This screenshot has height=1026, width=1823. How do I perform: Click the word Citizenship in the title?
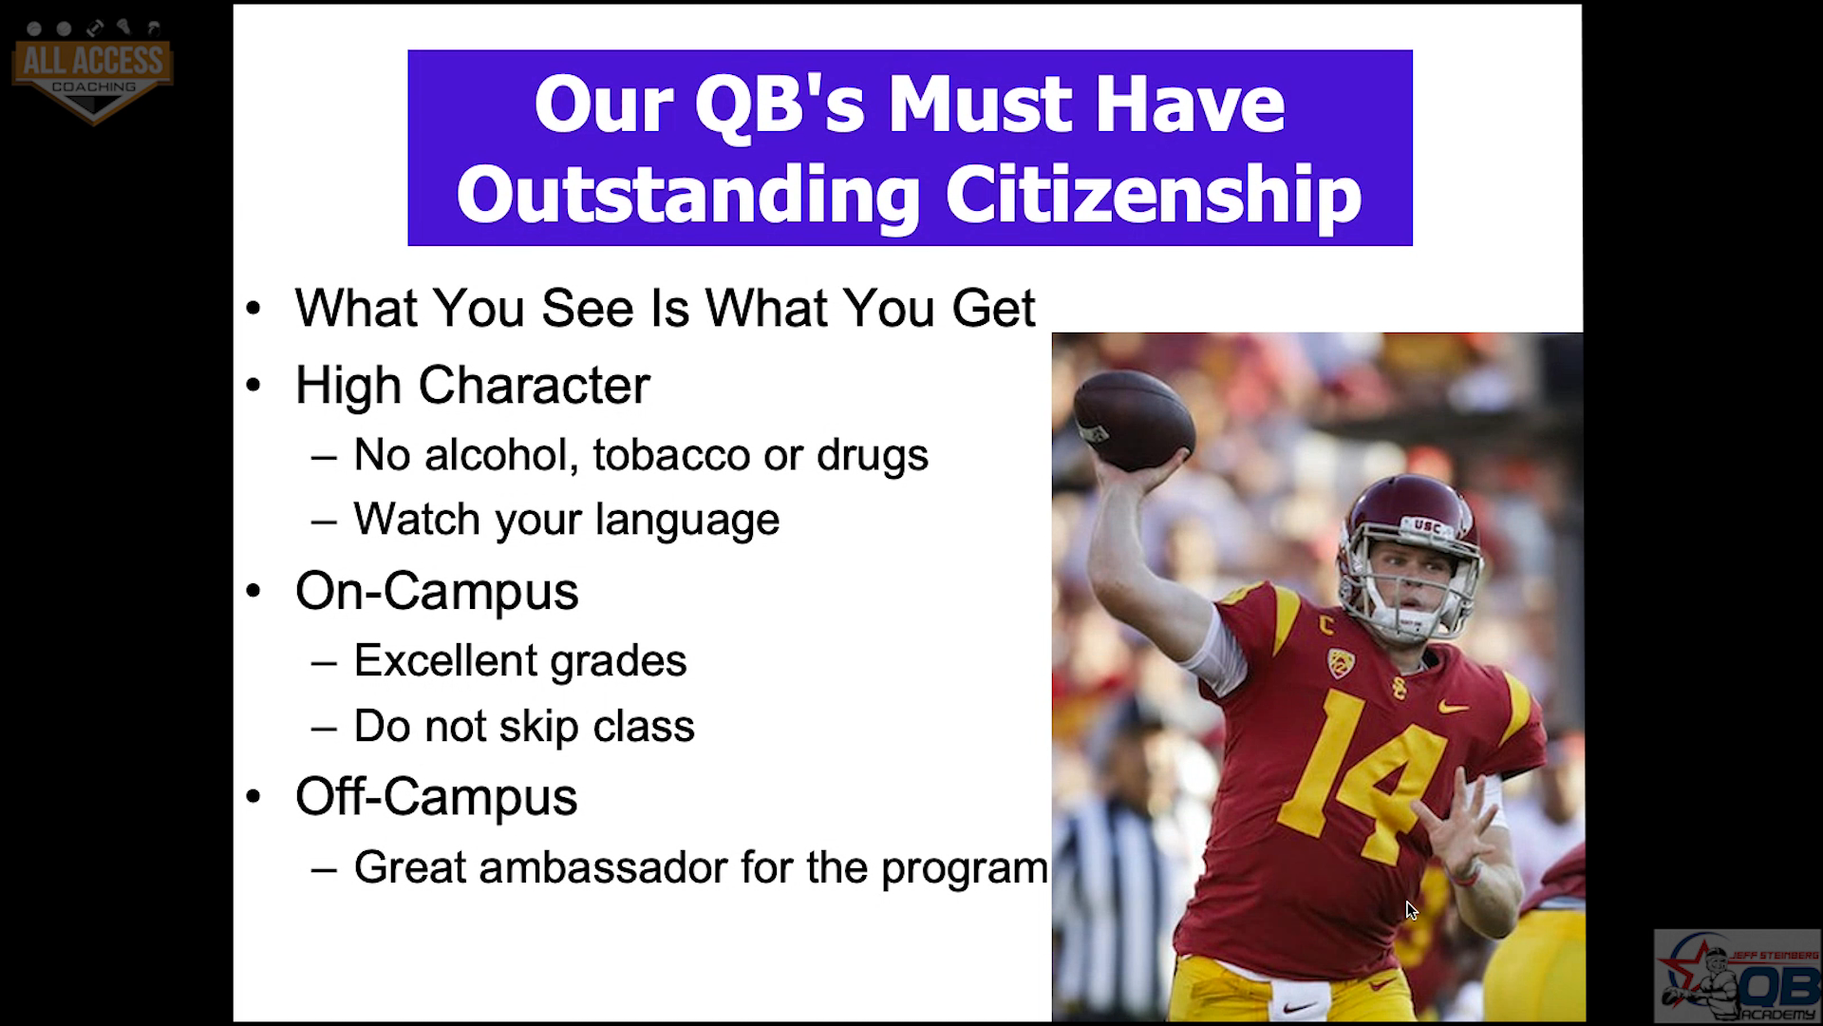1153,195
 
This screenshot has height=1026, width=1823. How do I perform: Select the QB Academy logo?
1737,977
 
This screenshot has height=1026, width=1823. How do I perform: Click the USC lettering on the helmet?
1426,523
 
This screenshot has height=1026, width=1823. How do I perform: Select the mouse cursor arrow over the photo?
1412,911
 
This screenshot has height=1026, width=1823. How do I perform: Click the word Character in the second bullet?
534,385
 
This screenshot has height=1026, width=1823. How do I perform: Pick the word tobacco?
672,454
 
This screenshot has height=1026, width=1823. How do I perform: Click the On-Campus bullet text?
437,591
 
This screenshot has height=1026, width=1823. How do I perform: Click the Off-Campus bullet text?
437,796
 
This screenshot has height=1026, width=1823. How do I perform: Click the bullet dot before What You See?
253,309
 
